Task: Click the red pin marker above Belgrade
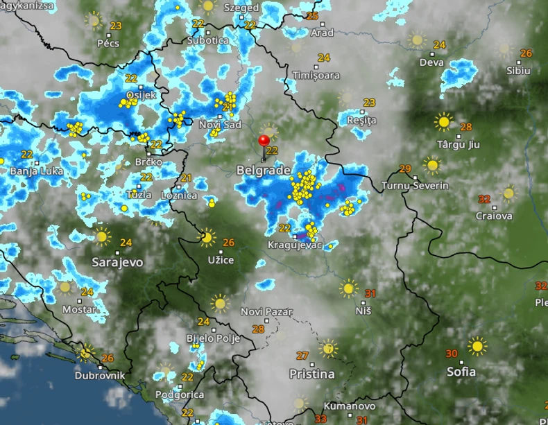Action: point(264,141)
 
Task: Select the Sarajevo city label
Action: point(117,262)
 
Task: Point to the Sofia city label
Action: point(461,372)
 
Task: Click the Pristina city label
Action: point(311,374)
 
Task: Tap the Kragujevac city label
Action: point(295,245)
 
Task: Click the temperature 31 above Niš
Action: point(370,293)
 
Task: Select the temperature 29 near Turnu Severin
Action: point(405,168)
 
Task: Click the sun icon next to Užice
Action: point(206,238)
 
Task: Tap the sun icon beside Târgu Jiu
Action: point(443,122)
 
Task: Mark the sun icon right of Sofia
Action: point(477,346)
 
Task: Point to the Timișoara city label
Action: point(316,75)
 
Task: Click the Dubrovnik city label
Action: point(101,375)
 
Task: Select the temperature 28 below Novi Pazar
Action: point(258,329)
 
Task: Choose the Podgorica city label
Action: point(180,394)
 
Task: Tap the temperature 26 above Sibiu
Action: point(526,53)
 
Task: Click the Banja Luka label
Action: point(37,171)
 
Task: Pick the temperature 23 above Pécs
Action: point(116,26)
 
